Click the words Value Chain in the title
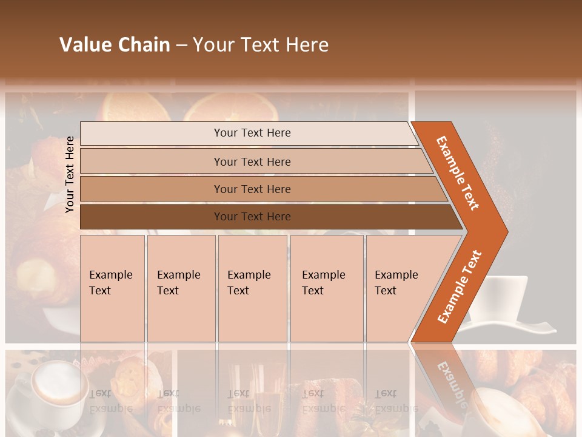tap(115, 45)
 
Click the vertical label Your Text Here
tap(70, 174)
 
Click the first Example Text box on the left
tap(112, 288)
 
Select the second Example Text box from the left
tap(181, 288)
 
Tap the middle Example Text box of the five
tap(252, 288)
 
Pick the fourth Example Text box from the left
tap(326, 288)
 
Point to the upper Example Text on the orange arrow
tap(458, 173)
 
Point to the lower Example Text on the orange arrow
tap(460, 286)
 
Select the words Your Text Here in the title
tap(261, 45)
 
